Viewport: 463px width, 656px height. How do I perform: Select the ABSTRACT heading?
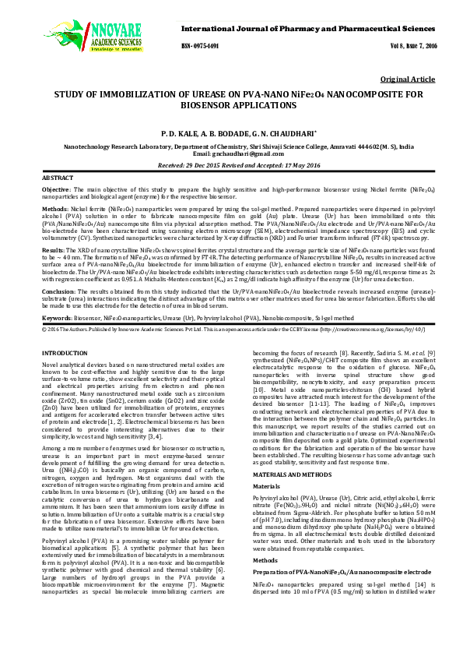click(x=56, y=178)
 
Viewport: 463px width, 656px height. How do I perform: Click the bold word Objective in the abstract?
click(x=56, y=190)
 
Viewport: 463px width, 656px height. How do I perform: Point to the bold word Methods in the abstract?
click(x=54, y=210)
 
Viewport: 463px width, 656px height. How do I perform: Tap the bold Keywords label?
click(x=58, y=319)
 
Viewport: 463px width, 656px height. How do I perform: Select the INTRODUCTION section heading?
click(x=64, y=354)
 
